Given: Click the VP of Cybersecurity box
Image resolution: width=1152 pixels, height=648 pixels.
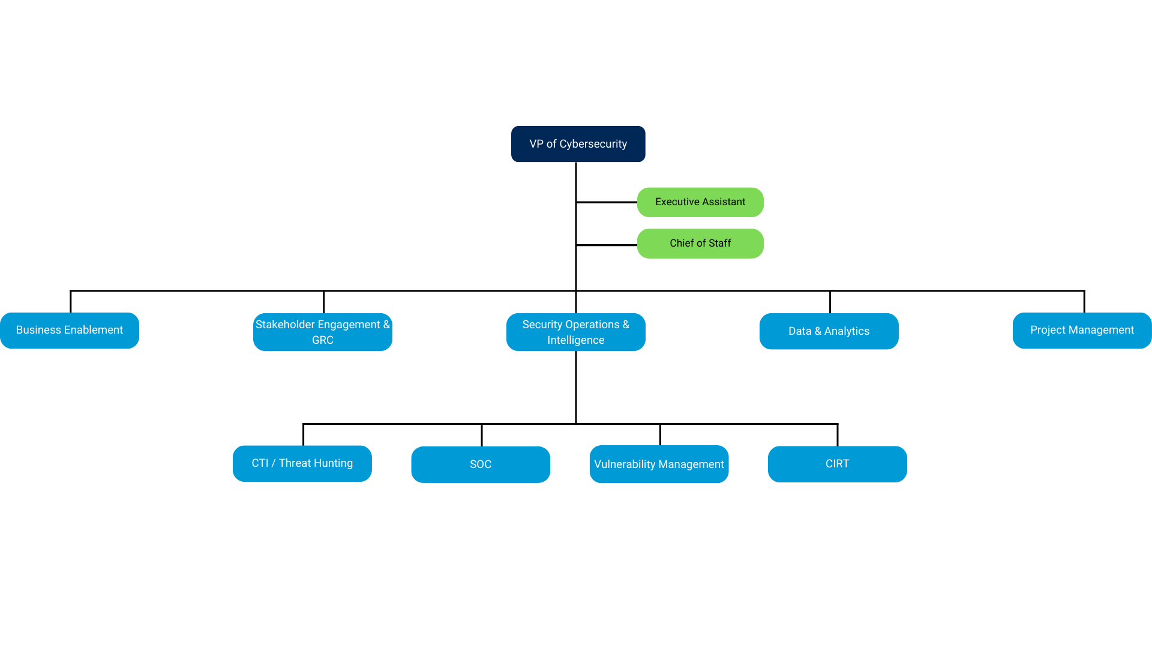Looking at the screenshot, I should point(578,144).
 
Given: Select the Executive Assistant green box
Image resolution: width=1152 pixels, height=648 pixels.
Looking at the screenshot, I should point(700,202).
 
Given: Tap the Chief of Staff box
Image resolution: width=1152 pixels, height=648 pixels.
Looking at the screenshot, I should point(700,244).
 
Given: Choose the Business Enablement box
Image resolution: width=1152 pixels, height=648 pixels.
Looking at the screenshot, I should point(70,331).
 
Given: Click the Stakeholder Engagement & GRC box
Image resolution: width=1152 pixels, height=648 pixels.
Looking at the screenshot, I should point(323,332).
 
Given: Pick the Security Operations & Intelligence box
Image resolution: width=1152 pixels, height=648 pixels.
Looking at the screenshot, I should point(576,332).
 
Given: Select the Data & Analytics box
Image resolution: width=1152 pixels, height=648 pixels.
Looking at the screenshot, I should point(829,331).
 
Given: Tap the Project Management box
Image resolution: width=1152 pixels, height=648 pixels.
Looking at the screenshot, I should point(1082,331).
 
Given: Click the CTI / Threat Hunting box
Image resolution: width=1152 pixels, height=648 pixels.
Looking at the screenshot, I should point(302,464).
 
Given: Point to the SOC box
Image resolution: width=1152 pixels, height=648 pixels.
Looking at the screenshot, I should point(481,464).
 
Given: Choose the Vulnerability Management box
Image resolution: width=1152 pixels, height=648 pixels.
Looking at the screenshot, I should point(659,464).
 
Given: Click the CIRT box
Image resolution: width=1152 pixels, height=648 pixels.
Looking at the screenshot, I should point(837,464).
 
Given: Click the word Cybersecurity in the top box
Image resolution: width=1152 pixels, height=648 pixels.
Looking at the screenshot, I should point(593,144).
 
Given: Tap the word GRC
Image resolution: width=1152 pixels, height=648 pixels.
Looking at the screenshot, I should point(323,340).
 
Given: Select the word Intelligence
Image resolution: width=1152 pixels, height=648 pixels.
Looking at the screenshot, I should point(576,340).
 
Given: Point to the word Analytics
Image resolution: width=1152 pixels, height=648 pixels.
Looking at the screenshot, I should point(847,331).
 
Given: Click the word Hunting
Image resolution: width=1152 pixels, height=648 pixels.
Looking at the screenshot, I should point(333,463).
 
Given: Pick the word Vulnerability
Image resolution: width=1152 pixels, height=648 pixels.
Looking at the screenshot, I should point(625,464).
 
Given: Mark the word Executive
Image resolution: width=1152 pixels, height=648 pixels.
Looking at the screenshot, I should point(677,202).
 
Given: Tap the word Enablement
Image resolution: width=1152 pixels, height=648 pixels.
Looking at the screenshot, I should point(94,330).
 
